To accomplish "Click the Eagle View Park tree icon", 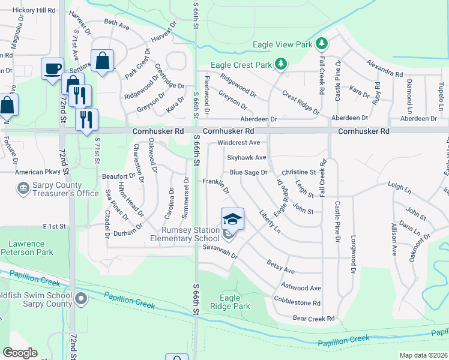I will pyautogui.click(x=322, y=43).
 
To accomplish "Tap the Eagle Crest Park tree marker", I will pyautogui.click(x=280, y=64).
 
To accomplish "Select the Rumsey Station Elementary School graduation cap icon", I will pyautogui.click(x=232, y=218).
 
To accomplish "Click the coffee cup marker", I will pyautogui.click(x=52, y=67).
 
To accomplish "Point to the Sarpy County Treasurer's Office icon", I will pyautogui.click(x=23, y=188).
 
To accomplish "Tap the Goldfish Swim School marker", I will pyautogui.click(x=82, y=298).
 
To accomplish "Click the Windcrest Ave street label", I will pyautogui.click(x=238, y=143).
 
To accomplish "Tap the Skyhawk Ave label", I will pyautogui.click(x=246, y=157).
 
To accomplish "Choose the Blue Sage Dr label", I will pyautogui.click(x=248, y=172).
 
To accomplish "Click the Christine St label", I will pyautogui.click(x=298, y=172).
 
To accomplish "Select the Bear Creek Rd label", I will pyautogui.click(x=313, y=318).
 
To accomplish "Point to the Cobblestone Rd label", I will pyautogui.click(x=297, y=303).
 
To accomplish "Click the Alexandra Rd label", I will pyautogui.click(x=385, y=68).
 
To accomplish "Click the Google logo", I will pyautogui.click(x=20, y=352).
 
